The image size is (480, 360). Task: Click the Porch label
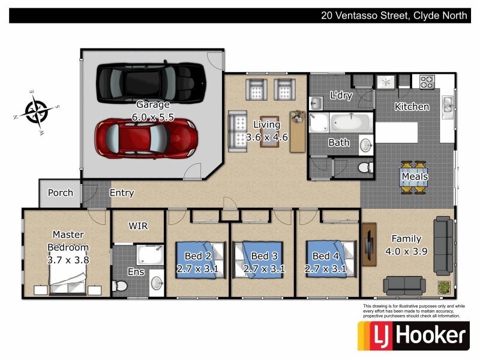pyautogui.click(x=61, y=193)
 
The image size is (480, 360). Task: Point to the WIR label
pyautogui.click(x=138, y=226)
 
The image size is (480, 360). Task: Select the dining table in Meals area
pyautogui.click(x=415, y=177)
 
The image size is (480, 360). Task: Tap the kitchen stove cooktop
pyautogui.click(x=427, y=82)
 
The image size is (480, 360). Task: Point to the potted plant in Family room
pyautogui.click(x=444, y=287)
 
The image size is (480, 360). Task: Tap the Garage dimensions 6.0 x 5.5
pyautogui.click(x=152, y=118)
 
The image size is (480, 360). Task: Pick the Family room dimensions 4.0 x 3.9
pyautogui.click(x=406, y=251)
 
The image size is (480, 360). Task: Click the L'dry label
pyautogui.click(x=341, y=95)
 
